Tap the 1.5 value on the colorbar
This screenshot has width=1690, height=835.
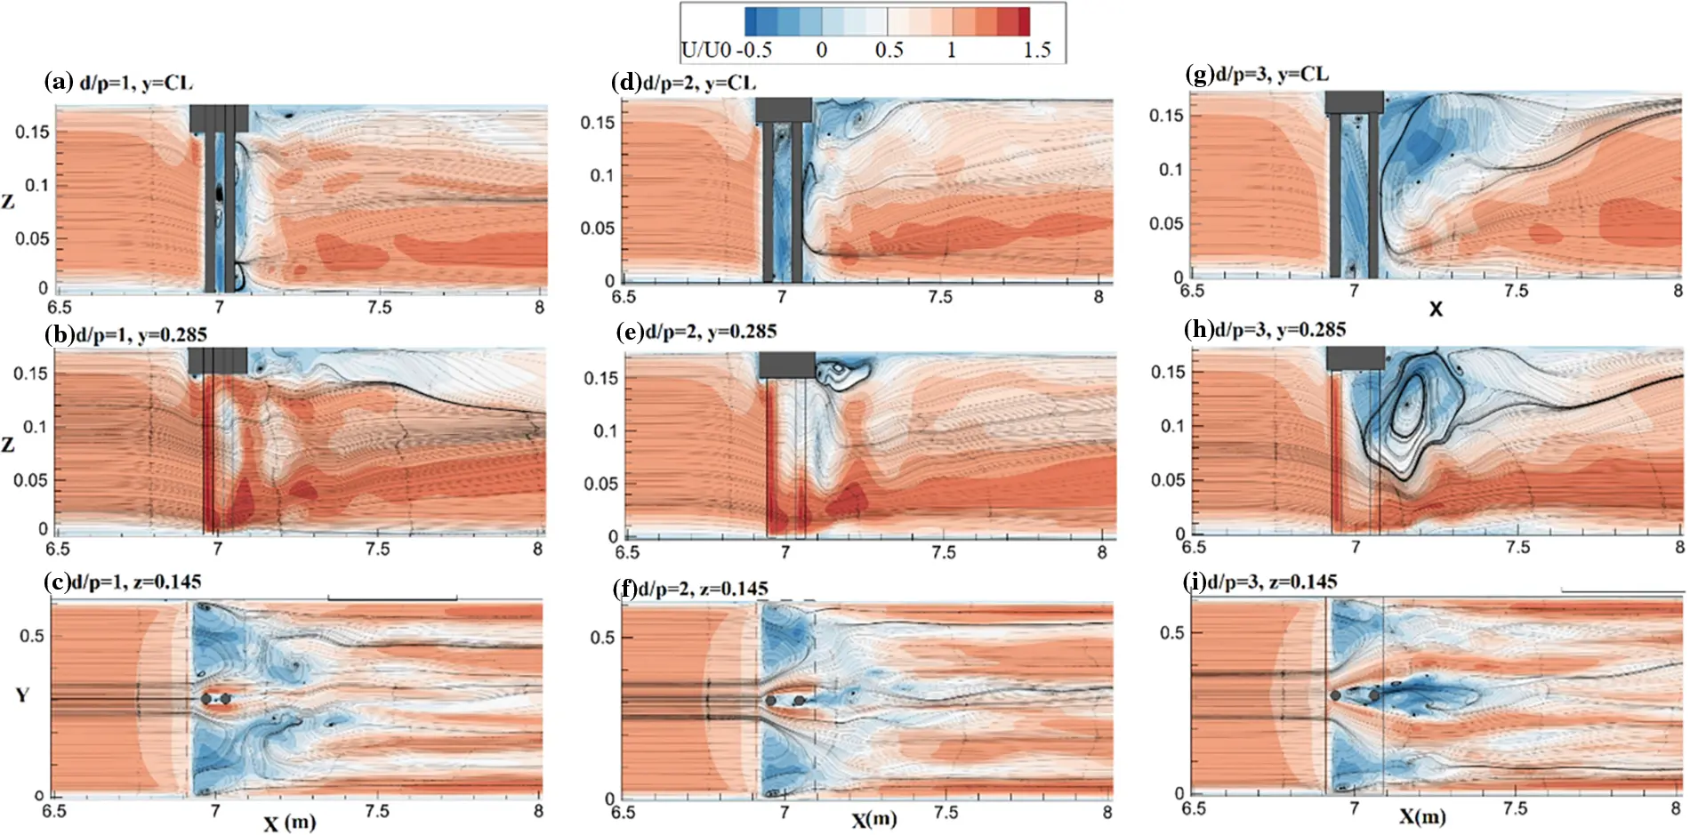click(x=1036, y=50)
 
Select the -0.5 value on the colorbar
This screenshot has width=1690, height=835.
click(x=754, y=50)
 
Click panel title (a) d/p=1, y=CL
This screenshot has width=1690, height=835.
click(x=118, y=83)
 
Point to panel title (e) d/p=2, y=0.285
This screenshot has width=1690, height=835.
click(x=696, y=332)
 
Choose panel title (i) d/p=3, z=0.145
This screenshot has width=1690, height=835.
click(x=1260, y=582)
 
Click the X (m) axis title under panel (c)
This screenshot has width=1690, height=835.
click(x=289, y=823)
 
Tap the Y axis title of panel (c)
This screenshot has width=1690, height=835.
click(x=23, y=694)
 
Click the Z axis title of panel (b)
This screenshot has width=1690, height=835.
click(x=8, y=444)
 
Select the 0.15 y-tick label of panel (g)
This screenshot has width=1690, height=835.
click(x=1166, y=115)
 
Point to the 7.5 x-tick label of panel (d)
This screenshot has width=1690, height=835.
click(x=940, y=297)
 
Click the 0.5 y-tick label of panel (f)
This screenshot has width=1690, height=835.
click(x=602, y=637)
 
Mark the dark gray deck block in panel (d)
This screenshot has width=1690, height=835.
click(x=784, y=109)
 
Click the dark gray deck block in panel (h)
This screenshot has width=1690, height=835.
click(x=1355, y=357)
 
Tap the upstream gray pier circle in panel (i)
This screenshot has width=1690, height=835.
click(x=1335, y=695)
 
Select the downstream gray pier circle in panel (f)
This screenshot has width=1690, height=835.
click(x=799, y=701)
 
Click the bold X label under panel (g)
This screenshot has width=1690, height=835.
click(x=1435, y=309)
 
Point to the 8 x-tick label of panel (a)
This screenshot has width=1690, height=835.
click(x=539, y=307)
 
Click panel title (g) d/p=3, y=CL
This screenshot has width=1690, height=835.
click(x=1258, y=74)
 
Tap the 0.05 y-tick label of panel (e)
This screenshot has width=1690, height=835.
click(x=600, y=484)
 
